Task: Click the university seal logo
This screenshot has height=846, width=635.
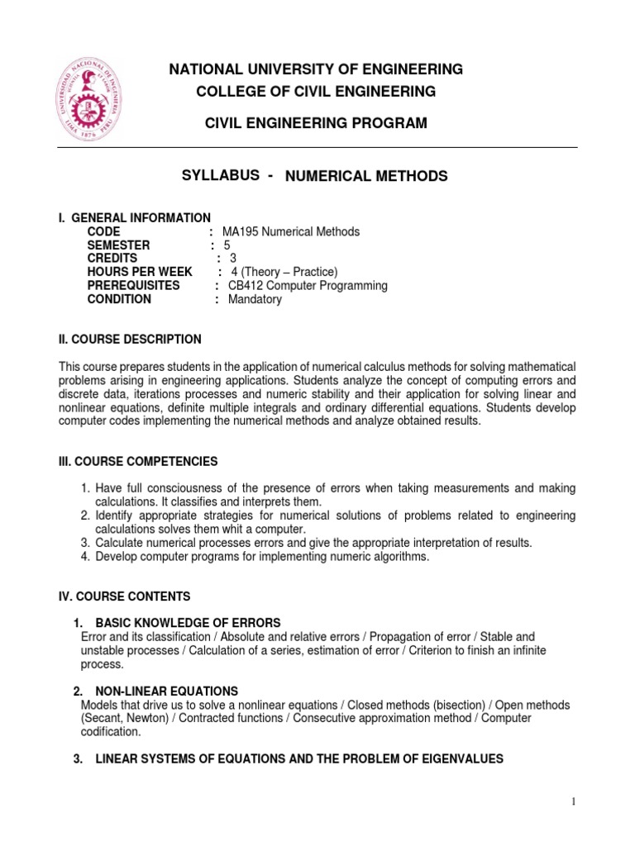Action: click(x=90, y=97)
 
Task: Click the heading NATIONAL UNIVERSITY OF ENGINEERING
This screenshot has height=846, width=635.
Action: click(x=316, y=69)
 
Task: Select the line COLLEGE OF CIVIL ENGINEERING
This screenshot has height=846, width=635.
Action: click(x=316, y=91)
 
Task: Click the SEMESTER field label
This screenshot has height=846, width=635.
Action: click(x=119, y=245)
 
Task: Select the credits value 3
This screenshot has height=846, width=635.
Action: click(x=233, y=259)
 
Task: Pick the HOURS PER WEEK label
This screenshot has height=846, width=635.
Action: click(x=140, y=272)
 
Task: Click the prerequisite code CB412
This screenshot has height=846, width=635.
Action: click(x=246, y=286)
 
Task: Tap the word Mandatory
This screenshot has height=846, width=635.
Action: click(x=255, y=299)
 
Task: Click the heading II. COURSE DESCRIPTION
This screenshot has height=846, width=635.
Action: click(x=129, y=340)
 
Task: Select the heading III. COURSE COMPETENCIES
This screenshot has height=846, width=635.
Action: click(x=138, y=461)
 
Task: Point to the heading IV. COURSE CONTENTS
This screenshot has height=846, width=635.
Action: click(x=124, y=596)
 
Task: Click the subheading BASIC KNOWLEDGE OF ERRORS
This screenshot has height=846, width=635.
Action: click(x=188, y=622)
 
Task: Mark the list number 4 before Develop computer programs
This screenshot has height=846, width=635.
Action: click(x=85, y=557)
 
